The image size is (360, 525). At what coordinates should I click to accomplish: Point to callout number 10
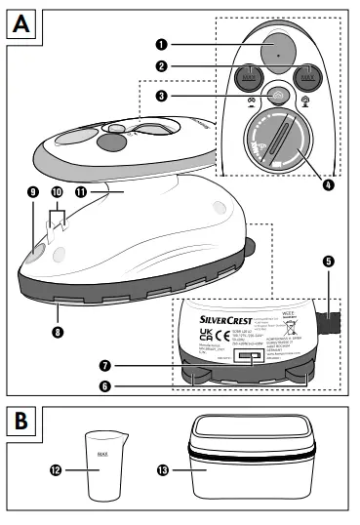point(56,193)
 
